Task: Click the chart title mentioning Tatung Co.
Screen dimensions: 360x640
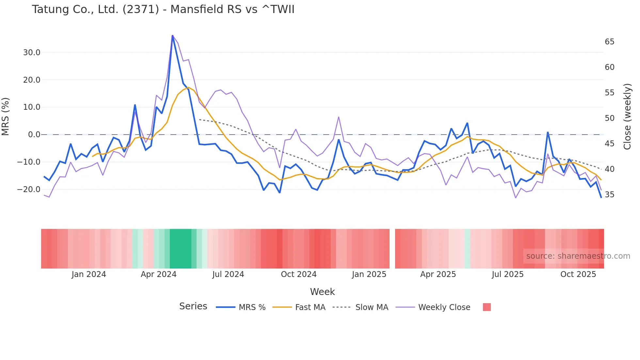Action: click(163, 9)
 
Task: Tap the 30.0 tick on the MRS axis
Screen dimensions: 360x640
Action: click(32, 53)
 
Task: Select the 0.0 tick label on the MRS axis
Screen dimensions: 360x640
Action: click(34, 135)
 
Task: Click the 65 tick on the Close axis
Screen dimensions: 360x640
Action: click(609, 42)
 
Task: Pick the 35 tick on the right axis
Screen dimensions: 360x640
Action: click(609, 195)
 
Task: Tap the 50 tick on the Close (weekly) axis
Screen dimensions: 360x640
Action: click(609, 118)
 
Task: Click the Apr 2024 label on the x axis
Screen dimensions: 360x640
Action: click(158, 274)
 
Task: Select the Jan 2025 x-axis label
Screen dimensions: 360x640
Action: click(369, 274)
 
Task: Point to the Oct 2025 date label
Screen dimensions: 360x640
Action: click(578, 274)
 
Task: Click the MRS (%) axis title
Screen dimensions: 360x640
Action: click(6, 117)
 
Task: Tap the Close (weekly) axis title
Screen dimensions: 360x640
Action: click(627, 117)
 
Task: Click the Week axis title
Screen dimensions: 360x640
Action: click(322, 292)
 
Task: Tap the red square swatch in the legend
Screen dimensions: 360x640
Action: click(487, 307)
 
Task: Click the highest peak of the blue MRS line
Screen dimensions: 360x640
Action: click(172, 36)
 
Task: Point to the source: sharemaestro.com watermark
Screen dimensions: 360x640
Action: click(578, 256)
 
